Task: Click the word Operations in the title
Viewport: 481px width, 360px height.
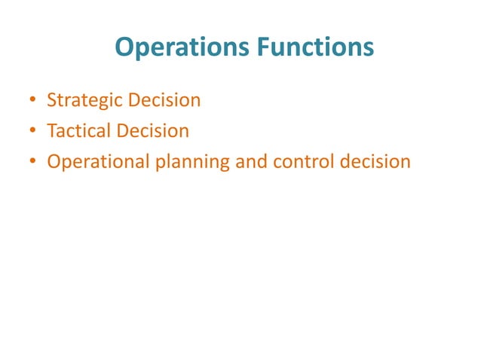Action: coord(178,47)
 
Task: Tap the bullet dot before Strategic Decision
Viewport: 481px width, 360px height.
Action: coord(33,100)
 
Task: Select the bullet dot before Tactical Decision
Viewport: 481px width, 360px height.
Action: coord(33,131)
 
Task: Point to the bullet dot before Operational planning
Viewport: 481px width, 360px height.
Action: coord(33,162)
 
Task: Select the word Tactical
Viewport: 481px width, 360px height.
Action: coord(78,131)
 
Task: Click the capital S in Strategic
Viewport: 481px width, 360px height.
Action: coord(51,99)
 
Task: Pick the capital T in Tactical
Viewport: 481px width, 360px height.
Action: coord(51,130)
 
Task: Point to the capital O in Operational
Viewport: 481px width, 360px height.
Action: coord(54,161)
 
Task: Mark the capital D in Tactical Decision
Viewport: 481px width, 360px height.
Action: coord(123,130)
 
